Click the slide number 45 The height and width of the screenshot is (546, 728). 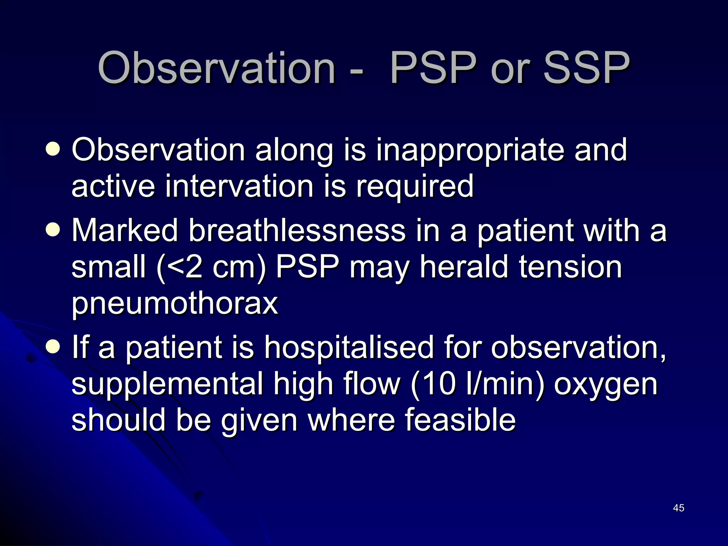point(678,508)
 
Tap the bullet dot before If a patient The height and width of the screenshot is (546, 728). point(53,346)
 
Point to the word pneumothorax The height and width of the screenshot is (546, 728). point(175,304)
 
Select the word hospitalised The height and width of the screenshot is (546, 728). point(348,347)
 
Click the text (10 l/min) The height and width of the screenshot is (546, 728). point(477,384)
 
